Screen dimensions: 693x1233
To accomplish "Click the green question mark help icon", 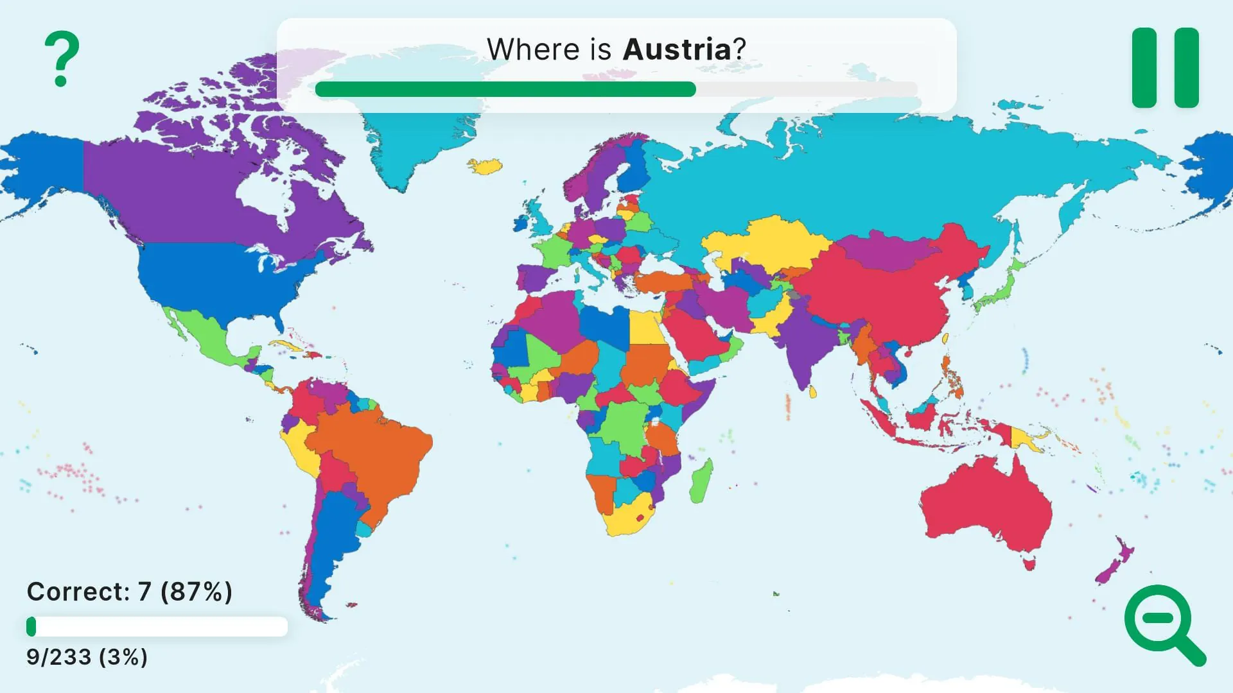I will [x=62, y=59].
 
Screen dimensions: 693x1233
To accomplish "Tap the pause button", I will [x=1165, y=67].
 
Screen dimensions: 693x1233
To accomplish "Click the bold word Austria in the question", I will [x=677, y=49].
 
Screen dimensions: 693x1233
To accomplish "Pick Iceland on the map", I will [x=485, y=166].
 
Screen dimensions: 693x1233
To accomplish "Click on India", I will [x=803, y=340].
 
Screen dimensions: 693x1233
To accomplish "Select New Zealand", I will [x=1114, y=565].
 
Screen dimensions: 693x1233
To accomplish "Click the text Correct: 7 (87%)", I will [x=129, y=592].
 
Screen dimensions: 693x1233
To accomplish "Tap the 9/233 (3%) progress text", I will [x=87, y=657].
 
